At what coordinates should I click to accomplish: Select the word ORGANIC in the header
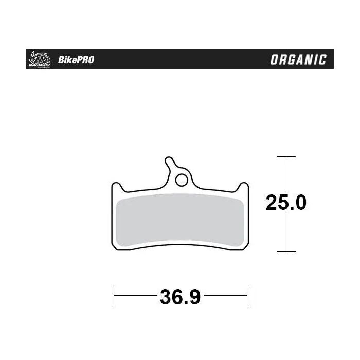[298, 60]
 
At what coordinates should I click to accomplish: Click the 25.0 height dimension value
[286, 203]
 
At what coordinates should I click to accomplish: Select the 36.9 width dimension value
[180, 297]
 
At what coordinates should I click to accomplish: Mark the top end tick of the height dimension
[286, 156]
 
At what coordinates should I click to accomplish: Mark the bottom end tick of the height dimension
[286, 251]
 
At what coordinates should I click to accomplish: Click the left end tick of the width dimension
[113, 296]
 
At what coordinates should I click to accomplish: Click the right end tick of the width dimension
[248, 296]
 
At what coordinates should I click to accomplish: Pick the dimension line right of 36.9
[226, 296]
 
